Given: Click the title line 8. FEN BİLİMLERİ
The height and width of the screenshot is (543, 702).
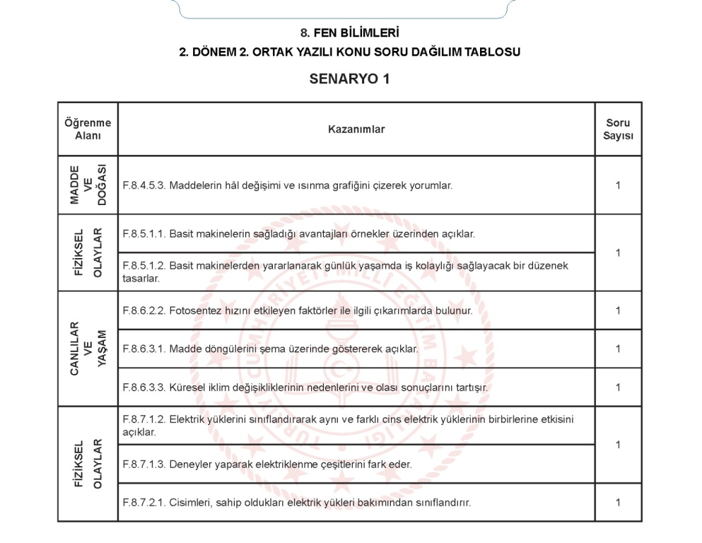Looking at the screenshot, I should point(350,33).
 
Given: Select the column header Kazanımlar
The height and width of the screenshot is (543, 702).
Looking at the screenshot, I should point(356,129).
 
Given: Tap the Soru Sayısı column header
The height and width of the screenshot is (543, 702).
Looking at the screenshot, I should point(618,129).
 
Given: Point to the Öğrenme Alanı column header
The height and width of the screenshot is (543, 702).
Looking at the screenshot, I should point(88,129).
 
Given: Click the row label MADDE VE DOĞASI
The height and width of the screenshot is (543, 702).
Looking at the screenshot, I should point(88,185).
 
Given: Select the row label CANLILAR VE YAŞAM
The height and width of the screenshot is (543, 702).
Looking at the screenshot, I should point(88,349).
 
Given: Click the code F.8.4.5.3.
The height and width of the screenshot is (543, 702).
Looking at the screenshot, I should point(144,186).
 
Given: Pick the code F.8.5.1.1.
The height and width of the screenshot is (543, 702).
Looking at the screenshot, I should point(144,233).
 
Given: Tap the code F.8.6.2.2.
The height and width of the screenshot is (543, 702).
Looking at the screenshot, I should point(144,310).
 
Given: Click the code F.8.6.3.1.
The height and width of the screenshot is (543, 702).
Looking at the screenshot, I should point(144,349).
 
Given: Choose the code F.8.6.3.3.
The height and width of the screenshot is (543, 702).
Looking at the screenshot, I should point(144,387).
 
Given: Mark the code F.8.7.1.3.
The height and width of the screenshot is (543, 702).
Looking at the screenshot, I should point(144,465).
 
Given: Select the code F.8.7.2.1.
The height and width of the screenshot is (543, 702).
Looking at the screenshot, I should point(144,503).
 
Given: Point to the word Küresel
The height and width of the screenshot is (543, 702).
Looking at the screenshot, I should point(187,387).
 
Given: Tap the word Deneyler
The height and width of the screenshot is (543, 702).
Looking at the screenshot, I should point(192,465).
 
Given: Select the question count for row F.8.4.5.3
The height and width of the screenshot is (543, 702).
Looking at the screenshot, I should point(618,186).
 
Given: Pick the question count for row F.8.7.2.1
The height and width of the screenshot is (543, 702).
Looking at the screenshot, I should point(618,503).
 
